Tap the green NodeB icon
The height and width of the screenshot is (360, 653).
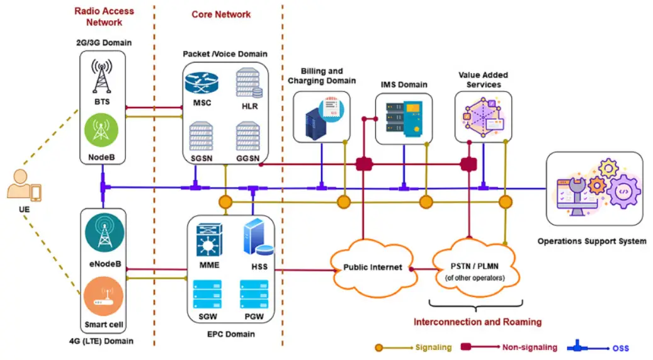coord(102,130)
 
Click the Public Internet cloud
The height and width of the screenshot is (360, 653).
coord(372,267)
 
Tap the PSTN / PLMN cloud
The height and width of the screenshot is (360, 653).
coord(474,269)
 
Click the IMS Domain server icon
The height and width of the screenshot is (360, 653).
coord(403,120)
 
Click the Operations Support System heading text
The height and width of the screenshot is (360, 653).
coord(591,241)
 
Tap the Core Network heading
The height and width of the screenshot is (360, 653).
coord(221,14)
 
